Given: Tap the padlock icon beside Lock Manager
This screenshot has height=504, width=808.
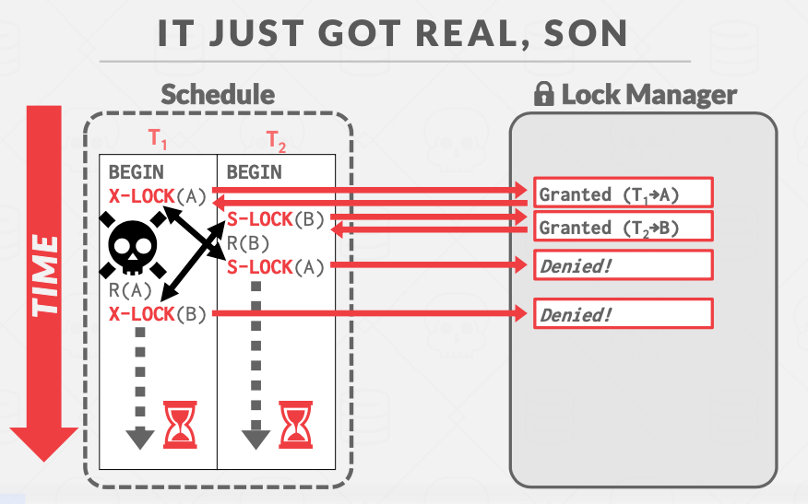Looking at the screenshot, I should click(x=544, y=94).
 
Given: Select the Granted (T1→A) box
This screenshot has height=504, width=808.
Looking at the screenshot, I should click(x=624, y=193).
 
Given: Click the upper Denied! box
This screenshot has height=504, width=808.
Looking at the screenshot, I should click(x=624, y=265).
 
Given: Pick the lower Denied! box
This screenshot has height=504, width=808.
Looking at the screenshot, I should click(x=624, y=313).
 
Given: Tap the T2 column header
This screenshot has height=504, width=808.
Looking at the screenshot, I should click(x=277, y=141).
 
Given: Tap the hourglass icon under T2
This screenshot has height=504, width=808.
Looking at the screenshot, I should click(x=296, y=424).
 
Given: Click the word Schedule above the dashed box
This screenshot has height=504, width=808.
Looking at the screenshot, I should click(x=218, y=94).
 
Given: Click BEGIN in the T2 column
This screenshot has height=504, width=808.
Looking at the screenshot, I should click(x=255, y=171).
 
